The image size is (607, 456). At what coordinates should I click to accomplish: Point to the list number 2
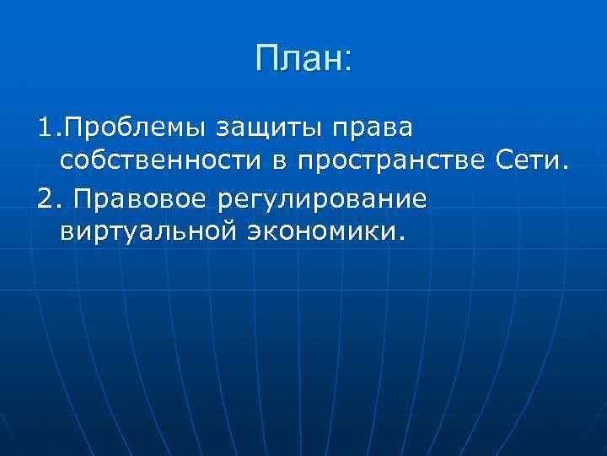tap(46, 199)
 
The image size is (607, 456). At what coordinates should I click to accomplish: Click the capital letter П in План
tap(266, 58)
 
